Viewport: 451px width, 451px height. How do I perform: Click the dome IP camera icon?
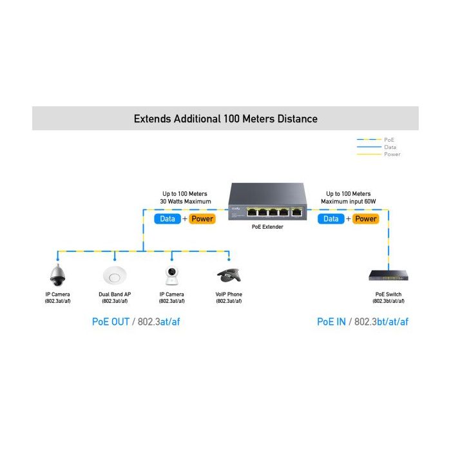pos(57,275)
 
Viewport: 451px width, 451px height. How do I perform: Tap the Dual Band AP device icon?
pos(115,276)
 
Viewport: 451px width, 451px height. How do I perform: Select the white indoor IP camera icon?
pos(172,276)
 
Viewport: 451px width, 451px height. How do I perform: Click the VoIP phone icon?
pos(229,276)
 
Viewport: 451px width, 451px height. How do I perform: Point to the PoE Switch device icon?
pos(389,275)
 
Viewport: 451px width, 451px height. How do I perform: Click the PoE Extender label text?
pos(267,227)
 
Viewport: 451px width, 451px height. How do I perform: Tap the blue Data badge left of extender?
pos(168,219)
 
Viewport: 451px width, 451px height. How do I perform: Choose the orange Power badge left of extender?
pos(202,219)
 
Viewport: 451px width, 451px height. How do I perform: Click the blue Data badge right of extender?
pos(331,219)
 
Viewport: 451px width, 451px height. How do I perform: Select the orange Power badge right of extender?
pos(365,219)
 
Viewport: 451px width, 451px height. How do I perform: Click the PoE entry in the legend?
pos(389,140)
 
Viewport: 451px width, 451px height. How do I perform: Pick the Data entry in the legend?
pos(390,147)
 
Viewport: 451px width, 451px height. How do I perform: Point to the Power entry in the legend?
pos(392,154)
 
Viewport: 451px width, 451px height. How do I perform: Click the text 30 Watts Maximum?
pos(186,201)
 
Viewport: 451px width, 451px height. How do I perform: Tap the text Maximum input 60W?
pos(349,201)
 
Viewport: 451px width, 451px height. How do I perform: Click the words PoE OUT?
pos(111,321)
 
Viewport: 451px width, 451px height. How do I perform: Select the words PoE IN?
pos(331,321)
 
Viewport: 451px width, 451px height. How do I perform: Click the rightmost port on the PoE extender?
pos(297,212)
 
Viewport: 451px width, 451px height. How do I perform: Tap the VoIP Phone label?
pos(229,294)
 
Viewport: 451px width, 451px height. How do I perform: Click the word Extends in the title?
pos(153,119)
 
